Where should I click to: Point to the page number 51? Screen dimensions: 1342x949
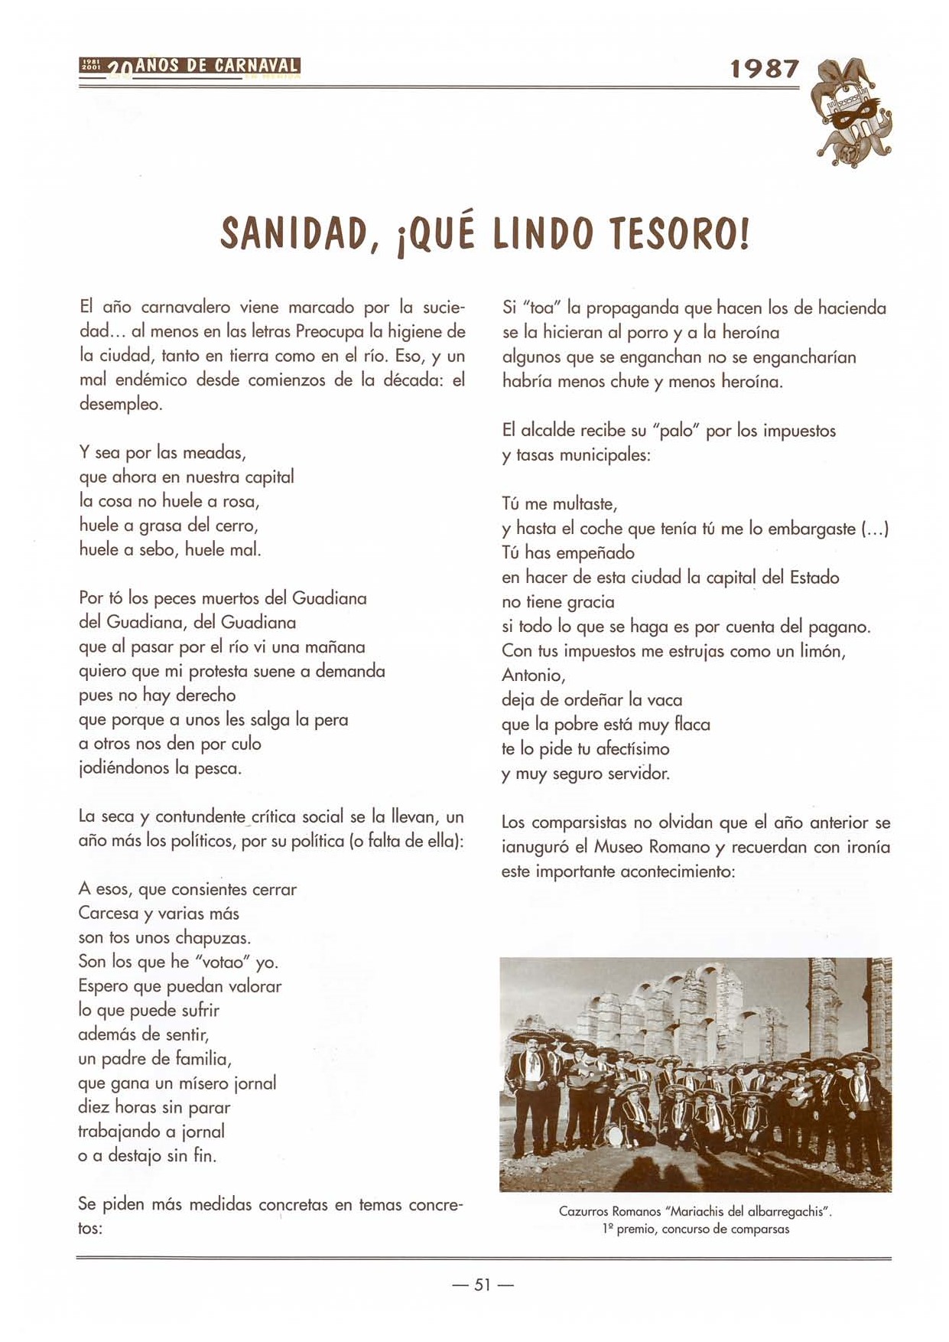483,1285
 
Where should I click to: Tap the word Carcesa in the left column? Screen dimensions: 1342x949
109,914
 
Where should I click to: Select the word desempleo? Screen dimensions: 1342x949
121,405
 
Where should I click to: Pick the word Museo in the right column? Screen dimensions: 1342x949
619,847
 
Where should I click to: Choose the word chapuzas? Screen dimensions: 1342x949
213,938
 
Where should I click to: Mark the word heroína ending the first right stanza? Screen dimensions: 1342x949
752,381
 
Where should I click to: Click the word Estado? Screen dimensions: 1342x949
814,577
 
